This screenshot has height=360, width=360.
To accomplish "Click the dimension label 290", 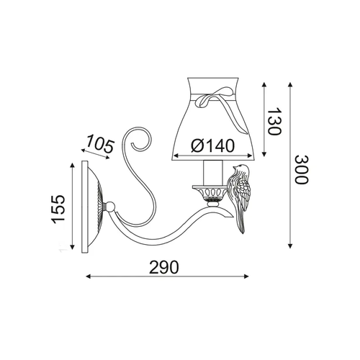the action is click(x=164, y=267).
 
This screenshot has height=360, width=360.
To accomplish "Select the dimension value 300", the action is click(x=301, y=170).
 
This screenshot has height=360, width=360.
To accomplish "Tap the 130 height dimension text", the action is click(x=274, y=122).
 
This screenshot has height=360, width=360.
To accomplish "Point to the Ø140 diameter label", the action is click(x=212, y=145).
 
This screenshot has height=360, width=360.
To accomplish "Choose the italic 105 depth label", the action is click(x=99, y=143).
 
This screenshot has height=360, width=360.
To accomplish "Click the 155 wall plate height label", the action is click(x=59, y=209).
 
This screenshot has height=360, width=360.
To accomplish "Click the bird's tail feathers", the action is click(x=240, y=222).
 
